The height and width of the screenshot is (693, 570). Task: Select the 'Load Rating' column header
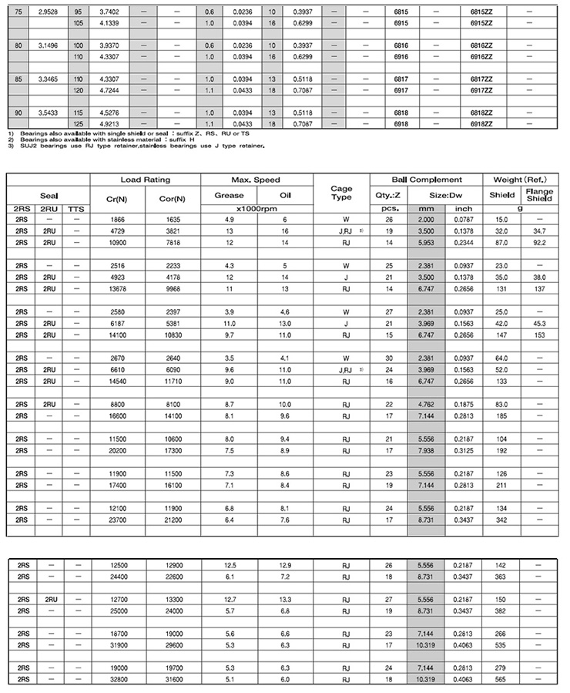pos(145,180)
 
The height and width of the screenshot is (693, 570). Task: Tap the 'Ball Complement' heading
pos(427,180)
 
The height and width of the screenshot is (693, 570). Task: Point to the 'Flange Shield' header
pos(539,195)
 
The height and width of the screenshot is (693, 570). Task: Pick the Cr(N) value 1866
pos(118,220)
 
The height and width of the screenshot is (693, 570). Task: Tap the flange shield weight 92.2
pos(539,242)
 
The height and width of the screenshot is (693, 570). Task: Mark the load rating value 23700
pos(118,520)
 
